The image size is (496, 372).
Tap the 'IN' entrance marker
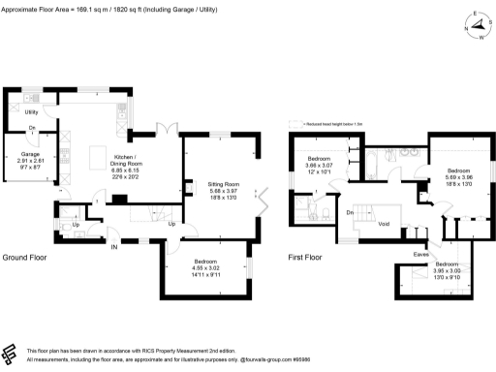tap(113, 246)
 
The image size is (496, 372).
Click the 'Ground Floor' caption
tap(26, 258)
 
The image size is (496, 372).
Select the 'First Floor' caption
tap(305, 258)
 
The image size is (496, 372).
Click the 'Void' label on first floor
tap(384, 224)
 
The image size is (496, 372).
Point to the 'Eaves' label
tap(420, 255)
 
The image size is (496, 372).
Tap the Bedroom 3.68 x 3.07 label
tap(320, 163)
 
